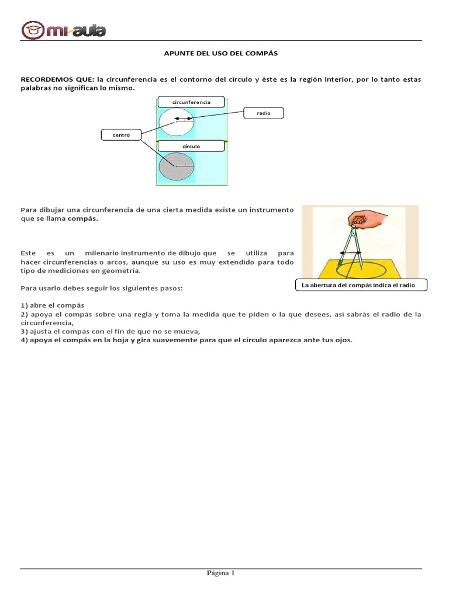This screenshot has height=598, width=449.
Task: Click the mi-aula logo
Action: click(x=64, y=29)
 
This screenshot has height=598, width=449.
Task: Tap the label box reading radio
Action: click(x=263, y=113)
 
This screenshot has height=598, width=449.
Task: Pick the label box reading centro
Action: click(x=121, y=135)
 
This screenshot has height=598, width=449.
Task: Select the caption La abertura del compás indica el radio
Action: click(x=361, y=285)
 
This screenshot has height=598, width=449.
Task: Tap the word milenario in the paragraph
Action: click(x=101, y=253)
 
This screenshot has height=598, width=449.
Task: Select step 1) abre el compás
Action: click(x=53, y=305)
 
